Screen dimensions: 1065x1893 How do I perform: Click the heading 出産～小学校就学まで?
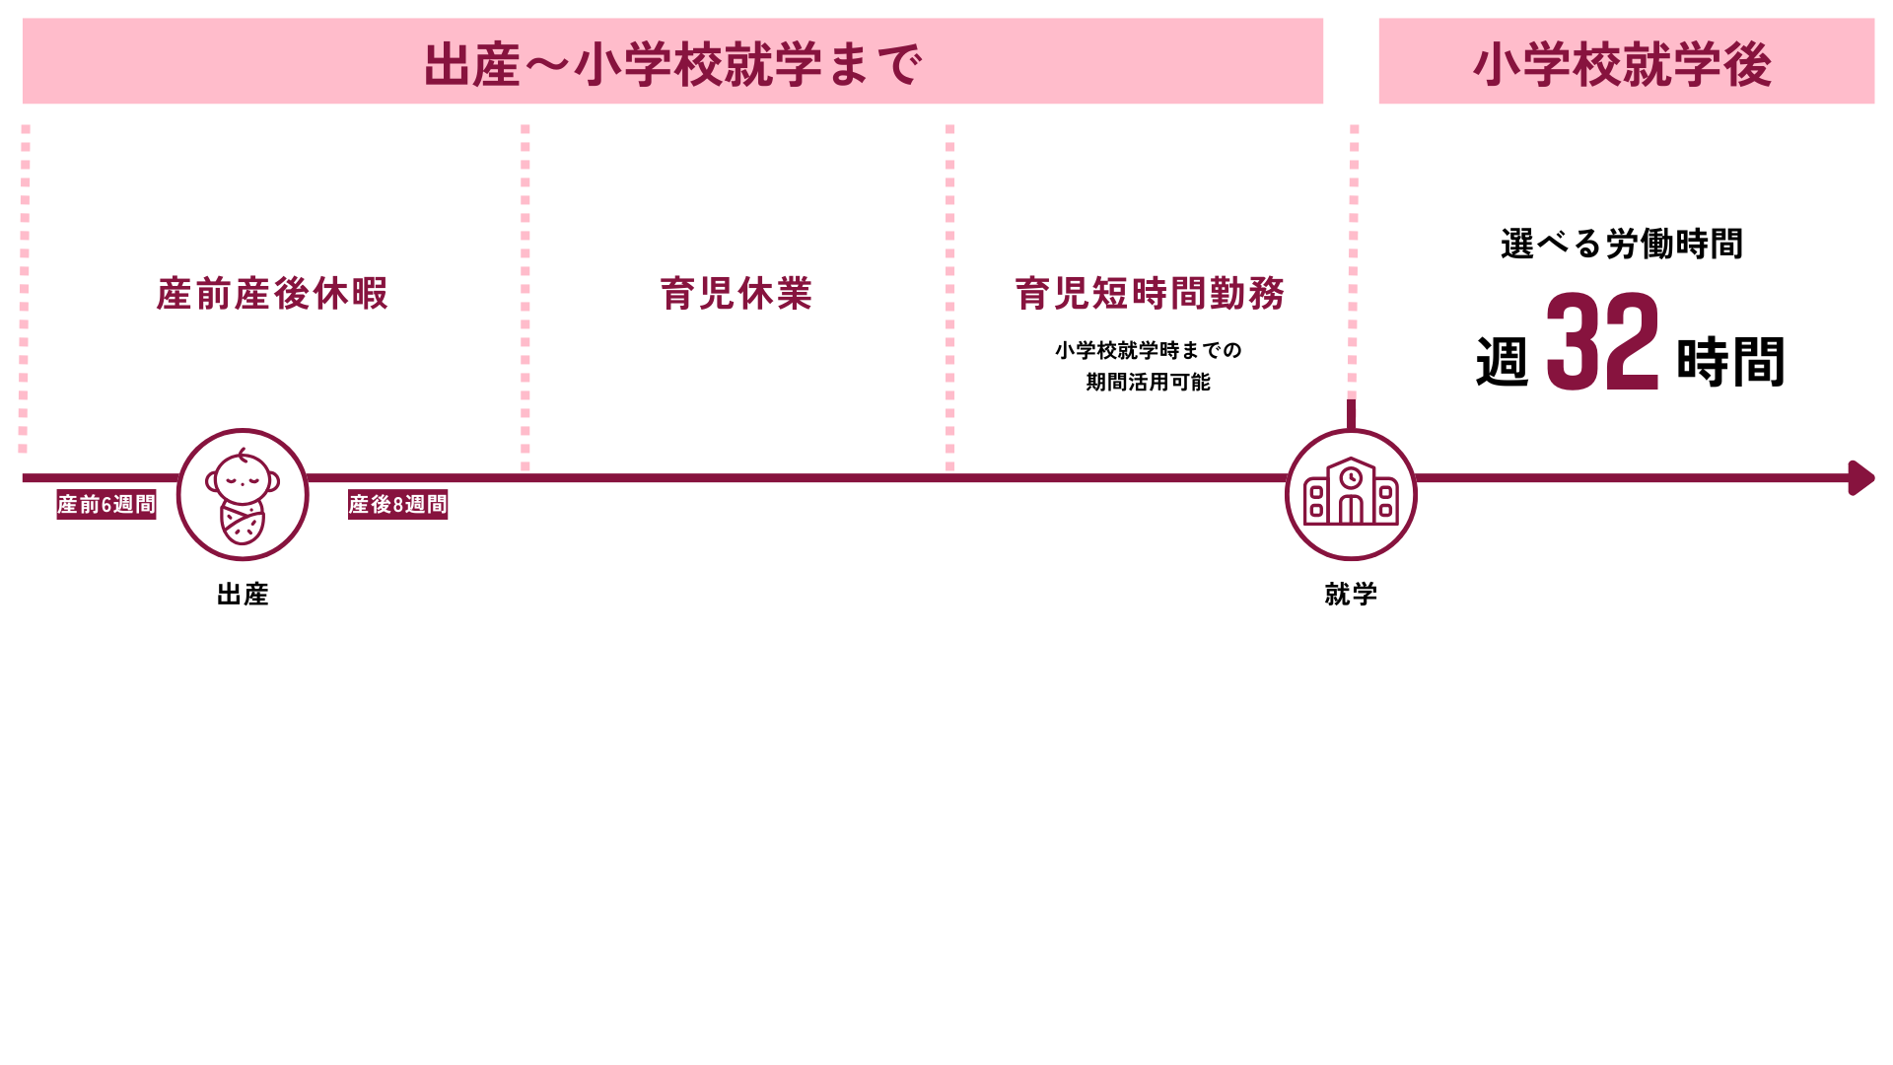672,64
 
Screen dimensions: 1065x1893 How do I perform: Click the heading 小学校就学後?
1623,64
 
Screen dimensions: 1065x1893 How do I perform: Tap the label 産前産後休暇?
272,294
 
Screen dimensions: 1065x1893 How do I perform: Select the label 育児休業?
736,294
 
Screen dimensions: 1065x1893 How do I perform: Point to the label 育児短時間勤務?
1150,294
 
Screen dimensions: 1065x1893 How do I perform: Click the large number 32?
1603,341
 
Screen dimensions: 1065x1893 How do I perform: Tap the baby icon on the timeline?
243,495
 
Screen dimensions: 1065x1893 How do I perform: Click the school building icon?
1351,495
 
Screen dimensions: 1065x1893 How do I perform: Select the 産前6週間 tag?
106,505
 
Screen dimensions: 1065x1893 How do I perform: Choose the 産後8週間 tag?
398,505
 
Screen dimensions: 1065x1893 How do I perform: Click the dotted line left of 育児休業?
526,296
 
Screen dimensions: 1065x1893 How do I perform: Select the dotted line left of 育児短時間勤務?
950,296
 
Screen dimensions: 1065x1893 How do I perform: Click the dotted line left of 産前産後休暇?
25,286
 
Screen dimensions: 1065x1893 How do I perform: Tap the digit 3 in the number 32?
1572,341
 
